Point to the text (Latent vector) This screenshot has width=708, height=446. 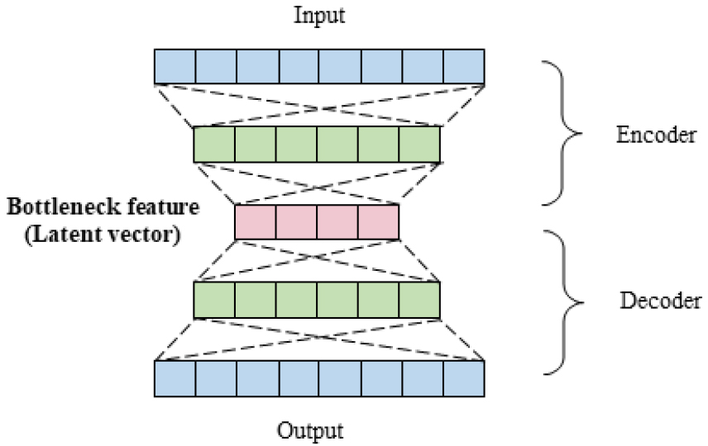coord(102,232)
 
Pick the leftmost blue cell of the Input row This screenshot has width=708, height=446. coord(175,66)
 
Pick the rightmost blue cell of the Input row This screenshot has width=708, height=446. coord(463,66)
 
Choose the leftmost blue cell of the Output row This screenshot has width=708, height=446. coord(175,378)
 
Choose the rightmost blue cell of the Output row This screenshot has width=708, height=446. coord(463,378)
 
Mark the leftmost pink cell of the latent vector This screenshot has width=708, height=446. coord(255,221)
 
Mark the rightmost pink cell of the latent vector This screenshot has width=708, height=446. coord(379,221)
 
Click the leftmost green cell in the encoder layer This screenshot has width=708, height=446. coord(214,144)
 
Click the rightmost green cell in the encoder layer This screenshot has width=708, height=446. coord(419,144)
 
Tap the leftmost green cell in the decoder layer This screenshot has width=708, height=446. coord(214,300)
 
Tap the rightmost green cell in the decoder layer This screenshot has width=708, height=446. coord(419,300)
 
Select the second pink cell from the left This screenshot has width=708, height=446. coord(296,221)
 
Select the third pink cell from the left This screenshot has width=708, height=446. coord(337,221)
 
